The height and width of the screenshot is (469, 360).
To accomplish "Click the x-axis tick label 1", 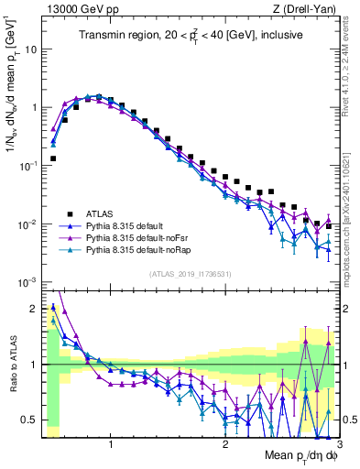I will [x=111, y=445].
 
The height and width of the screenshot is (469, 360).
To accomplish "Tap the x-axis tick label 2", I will [x=225, y=445].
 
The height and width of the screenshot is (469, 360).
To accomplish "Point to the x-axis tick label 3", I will [x=338, y=445].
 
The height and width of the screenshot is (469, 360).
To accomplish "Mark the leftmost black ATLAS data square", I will [x=53, y=158].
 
